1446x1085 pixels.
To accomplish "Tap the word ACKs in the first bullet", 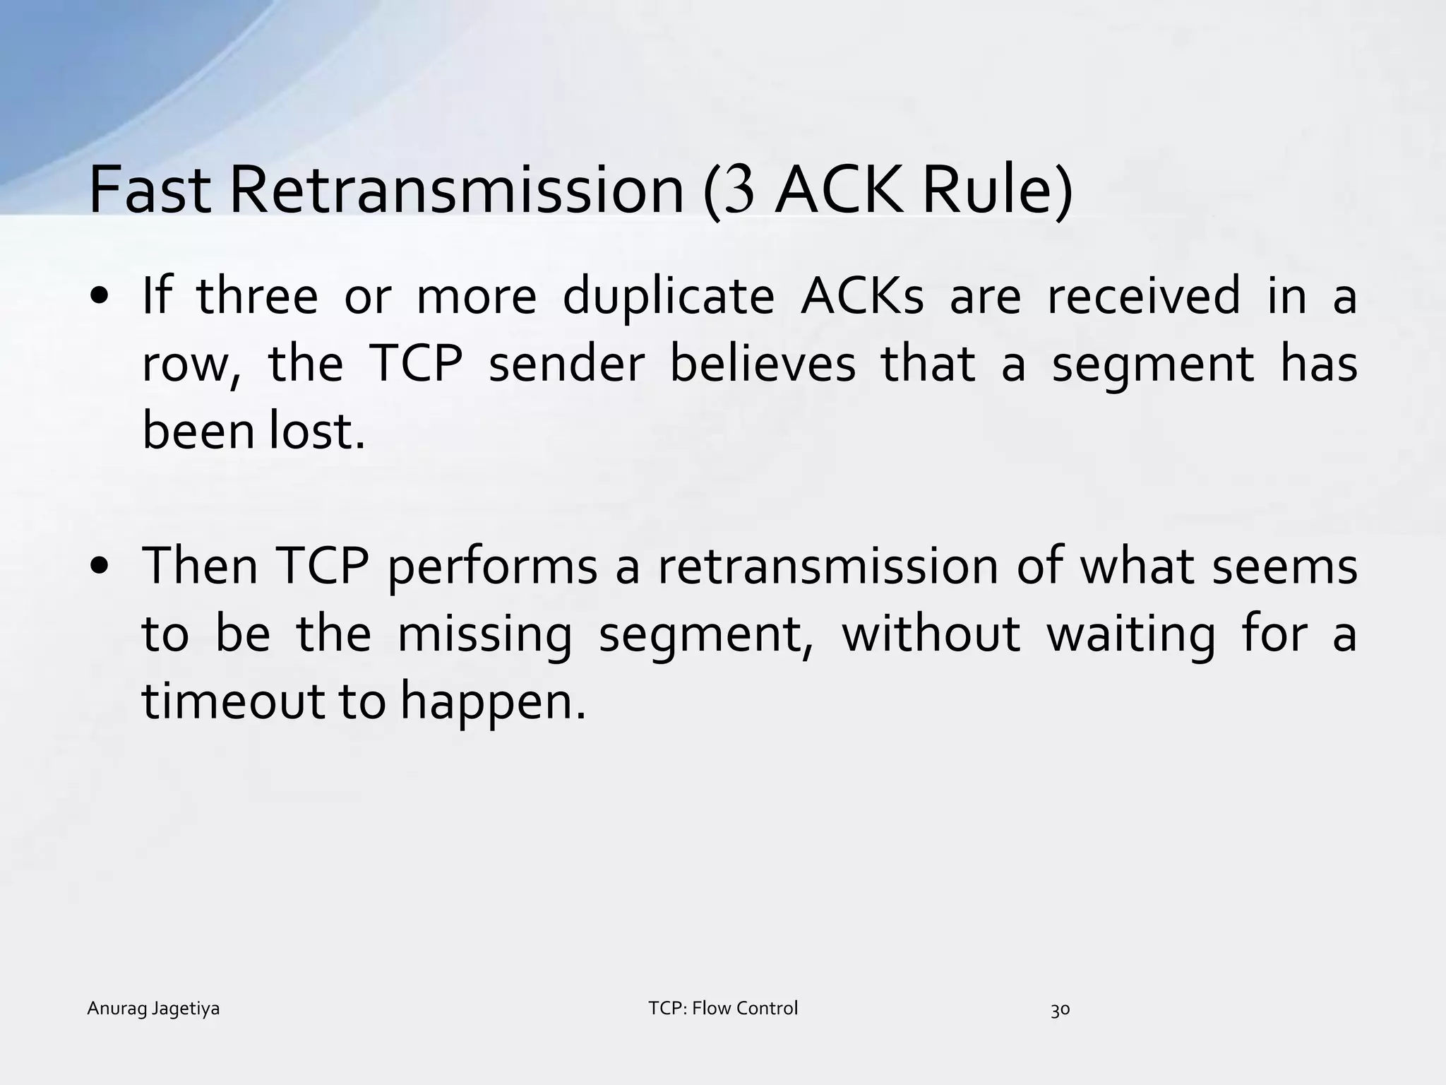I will [862, 296].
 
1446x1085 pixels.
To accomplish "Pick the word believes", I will [763, 364].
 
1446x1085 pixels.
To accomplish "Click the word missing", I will [484, 634].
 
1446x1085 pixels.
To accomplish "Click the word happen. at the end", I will [494, 703].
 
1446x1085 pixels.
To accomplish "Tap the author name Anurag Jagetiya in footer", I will [153, 1009].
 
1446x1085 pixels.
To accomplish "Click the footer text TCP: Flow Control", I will [723, 1008].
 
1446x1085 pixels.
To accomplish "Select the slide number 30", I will [1060, 1010].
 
